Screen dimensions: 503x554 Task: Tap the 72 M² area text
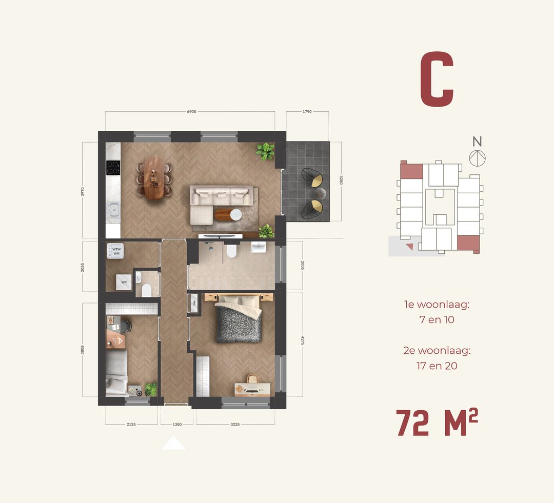437,424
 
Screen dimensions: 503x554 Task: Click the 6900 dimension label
191,111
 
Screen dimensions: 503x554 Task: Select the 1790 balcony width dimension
307,111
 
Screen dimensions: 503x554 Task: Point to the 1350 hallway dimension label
176,425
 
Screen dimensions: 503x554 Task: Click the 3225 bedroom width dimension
235,425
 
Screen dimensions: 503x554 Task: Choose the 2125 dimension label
131,425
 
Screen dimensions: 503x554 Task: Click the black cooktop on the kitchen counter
113,167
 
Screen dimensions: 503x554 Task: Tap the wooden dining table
153,177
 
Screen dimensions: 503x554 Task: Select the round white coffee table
235,214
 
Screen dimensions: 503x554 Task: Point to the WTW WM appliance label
116,251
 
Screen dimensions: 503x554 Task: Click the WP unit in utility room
124,283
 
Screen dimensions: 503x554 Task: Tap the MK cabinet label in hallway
194,303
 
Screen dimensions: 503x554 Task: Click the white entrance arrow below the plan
173,443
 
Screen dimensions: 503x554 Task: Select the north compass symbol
477,158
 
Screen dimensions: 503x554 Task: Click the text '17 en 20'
437,366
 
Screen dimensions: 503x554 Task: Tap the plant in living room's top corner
265,151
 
